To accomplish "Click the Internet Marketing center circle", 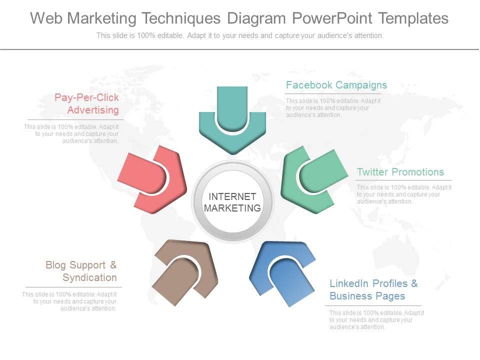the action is click(232, 202).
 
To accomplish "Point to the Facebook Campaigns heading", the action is click(336, 85).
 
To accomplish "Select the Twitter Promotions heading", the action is click(400, 172).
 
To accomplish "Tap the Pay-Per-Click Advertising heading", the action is click(86, 103).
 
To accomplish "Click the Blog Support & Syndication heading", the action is click(81, 271).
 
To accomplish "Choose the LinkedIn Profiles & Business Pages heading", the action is click(373, 289).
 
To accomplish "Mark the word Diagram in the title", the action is click(255, 18).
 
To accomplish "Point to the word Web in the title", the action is click(46, 18).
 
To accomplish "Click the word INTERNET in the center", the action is click(232, 196).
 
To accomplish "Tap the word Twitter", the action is click(372, 172).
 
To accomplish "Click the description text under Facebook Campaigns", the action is click(333, 108).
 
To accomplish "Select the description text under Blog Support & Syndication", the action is click(69, 301).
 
